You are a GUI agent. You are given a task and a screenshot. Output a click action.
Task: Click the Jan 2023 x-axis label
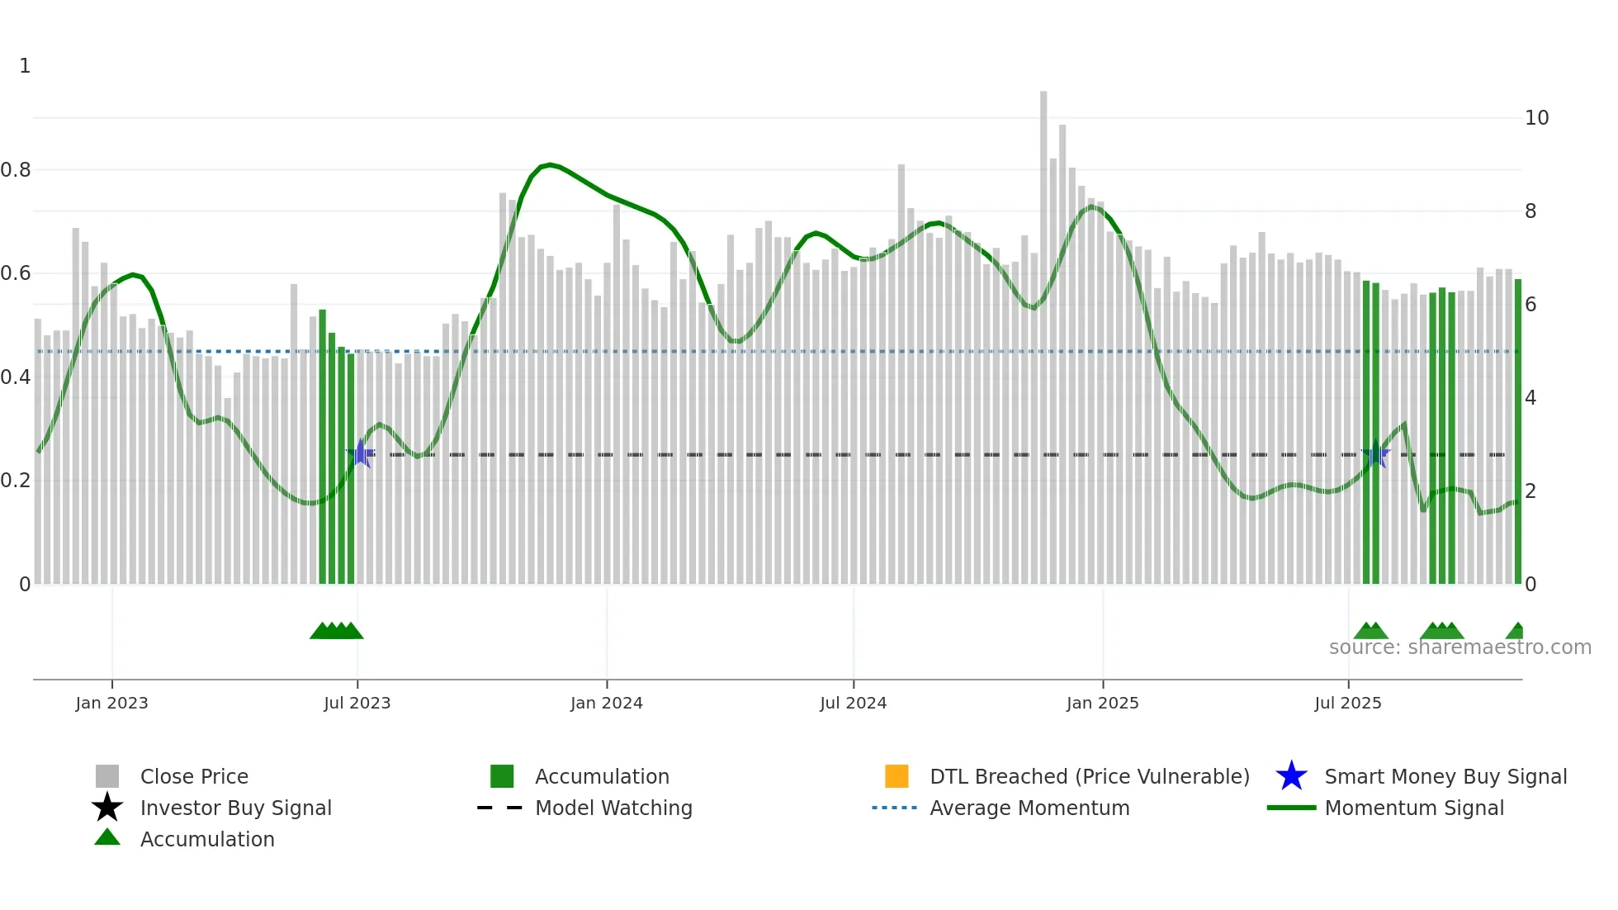(x=111, y=704)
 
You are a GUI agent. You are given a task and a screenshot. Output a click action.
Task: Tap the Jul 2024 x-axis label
(x=853, y=704)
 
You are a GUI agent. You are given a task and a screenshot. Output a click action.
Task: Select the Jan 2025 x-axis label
(x=1102, y=704)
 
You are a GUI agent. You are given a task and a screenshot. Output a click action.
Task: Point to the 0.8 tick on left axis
(x=16, y=170)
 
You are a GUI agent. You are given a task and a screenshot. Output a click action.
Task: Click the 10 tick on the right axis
(x=1536, y=118)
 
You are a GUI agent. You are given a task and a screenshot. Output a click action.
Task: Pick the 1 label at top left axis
(x=25, y=66)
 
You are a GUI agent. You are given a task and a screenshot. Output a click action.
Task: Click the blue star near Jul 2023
(x=361, y=454)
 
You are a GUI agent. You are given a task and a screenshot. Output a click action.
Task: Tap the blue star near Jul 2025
(x=1375, y=454)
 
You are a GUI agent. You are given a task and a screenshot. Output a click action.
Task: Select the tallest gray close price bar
(x=1043, y=330)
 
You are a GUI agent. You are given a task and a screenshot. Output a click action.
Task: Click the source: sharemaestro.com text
(x=1460, y=647)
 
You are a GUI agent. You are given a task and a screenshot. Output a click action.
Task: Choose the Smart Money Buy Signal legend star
(x=1291, y=776)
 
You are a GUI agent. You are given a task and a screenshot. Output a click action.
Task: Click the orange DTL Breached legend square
(x=897, y=776)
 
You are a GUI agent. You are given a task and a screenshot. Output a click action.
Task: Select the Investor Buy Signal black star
(x=107, y=808)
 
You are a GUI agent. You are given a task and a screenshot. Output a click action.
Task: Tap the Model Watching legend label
(x=613, y=808)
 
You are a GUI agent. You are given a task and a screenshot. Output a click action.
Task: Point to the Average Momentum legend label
(x=1029, y=808)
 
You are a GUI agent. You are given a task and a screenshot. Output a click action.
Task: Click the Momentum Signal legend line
(x=1291, y=808)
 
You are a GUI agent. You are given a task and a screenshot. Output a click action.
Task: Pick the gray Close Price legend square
(x=107, y=776)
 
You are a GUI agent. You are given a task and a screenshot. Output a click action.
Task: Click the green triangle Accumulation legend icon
(x=107, y=837)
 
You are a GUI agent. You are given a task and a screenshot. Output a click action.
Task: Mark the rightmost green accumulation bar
(x=1517, y=429)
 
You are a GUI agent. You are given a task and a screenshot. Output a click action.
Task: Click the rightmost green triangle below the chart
(x=1516, y=632)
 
